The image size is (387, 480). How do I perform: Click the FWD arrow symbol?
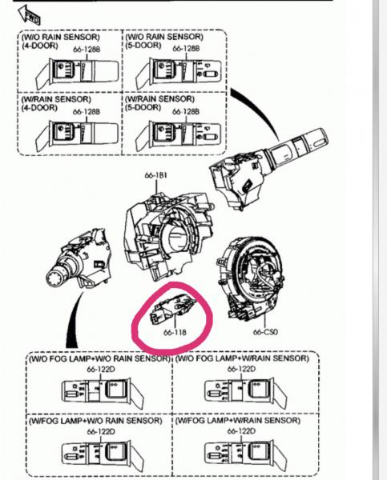tap(30, 14)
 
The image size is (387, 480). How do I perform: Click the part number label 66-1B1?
tap(155, 175)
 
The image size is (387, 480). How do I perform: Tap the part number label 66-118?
tap(175, 332)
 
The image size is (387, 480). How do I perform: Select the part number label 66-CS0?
tap(265, 332)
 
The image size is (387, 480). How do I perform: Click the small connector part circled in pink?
tap(171, 309)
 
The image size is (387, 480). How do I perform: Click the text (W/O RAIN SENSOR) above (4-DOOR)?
tap(61, 37)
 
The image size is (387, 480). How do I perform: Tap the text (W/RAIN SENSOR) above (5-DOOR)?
tap(159, 99)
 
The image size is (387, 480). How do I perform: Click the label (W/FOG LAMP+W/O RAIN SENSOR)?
tap(95, 421)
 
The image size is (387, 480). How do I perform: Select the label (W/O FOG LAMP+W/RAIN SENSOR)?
tap(242, 358)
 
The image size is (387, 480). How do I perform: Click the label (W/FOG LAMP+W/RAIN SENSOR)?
tap(238, 421)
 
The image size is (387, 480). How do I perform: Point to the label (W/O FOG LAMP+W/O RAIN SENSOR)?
tap(99, 358)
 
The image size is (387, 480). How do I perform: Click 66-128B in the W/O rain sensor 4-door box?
tap(87, 50)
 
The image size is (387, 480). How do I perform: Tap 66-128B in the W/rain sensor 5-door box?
tap(186, 112)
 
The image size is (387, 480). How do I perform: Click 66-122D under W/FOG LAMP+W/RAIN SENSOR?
tap(241, 431)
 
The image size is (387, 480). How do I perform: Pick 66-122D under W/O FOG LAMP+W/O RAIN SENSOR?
tap(101, 369)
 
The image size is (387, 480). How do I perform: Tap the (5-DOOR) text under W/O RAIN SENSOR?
tap(143, 46)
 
